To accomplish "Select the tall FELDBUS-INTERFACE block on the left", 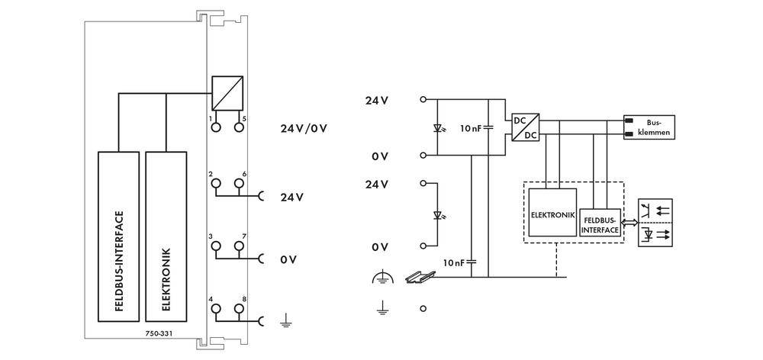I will (x=118, y=237).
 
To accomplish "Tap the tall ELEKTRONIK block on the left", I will (x=166, y=237).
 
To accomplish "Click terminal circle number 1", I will (x=216, y=127).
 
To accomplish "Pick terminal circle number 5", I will (x=239, y=127).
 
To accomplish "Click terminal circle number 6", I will (x=239, y=184).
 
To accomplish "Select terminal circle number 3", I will (x=216, y=246).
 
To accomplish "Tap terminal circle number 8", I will (x=239, y=309).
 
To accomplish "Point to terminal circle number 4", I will (x=216, y=309).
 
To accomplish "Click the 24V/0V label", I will (x=304, y=127).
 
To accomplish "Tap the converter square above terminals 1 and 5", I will (x=227, y=93).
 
